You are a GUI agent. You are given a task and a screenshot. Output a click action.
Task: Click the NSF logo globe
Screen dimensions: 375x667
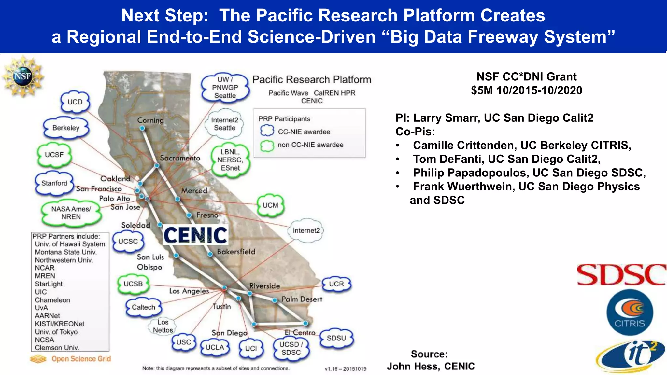point(22,76)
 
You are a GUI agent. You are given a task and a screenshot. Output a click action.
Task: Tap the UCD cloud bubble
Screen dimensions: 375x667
point(75,102)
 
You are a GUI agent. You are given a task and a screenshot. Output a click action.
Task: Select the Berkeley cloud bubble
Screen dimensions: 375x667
point(66,128)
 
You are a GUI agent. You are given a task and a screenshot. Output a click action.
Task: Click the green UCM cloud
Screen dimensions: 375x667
point(270,205)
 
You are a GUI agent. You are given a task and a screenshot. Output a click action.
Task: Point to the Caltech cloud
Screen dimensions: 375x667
point(143,307)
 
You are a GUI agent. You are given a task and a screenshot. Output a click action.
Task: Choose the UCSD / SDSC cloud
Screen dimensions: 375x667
point(291,349)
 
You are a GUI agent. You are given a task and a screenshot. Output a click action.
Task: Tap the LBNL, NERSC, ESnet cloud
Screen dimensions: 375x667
point(230,160)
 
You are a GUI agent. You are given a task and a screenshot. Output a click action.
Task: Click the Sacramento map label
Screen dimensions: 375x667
point(180,158)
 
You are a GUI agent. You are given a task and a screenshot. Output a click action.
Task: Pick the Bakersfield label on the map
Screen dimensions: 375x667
point(236,252)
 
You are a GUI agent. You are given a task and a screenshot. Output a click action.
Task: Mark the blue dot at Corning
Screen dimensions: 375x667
point(142,128)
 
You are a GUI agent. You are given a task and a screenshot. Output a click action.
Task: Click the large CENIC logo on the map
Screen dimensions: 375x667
point(195,235)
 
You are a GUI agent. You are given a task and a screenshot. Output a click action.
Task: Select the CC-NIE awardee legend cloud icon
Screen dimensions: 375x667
point(267,131)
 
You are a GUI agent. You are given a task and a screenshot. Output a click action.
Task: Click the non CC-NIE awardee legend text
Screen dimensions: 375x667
point(310,145)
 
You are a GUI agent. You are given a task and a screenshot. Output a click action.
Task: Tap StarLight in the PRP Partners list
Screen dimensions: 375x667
point(49,284)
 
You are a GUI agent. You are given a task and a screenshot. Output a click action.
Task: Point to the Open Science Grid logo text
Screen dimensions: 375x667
point(81,359)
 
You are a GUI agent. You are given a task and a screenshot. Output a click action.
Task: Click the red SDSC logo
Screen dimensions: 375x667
point(621,275)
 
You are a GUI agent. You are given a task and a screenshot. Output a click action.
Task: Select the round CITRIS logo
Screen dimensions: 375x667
point(630,313)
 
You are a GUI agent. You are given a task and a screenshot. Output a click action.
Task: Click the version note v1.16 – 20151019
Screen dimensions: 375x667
point(345,369)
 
